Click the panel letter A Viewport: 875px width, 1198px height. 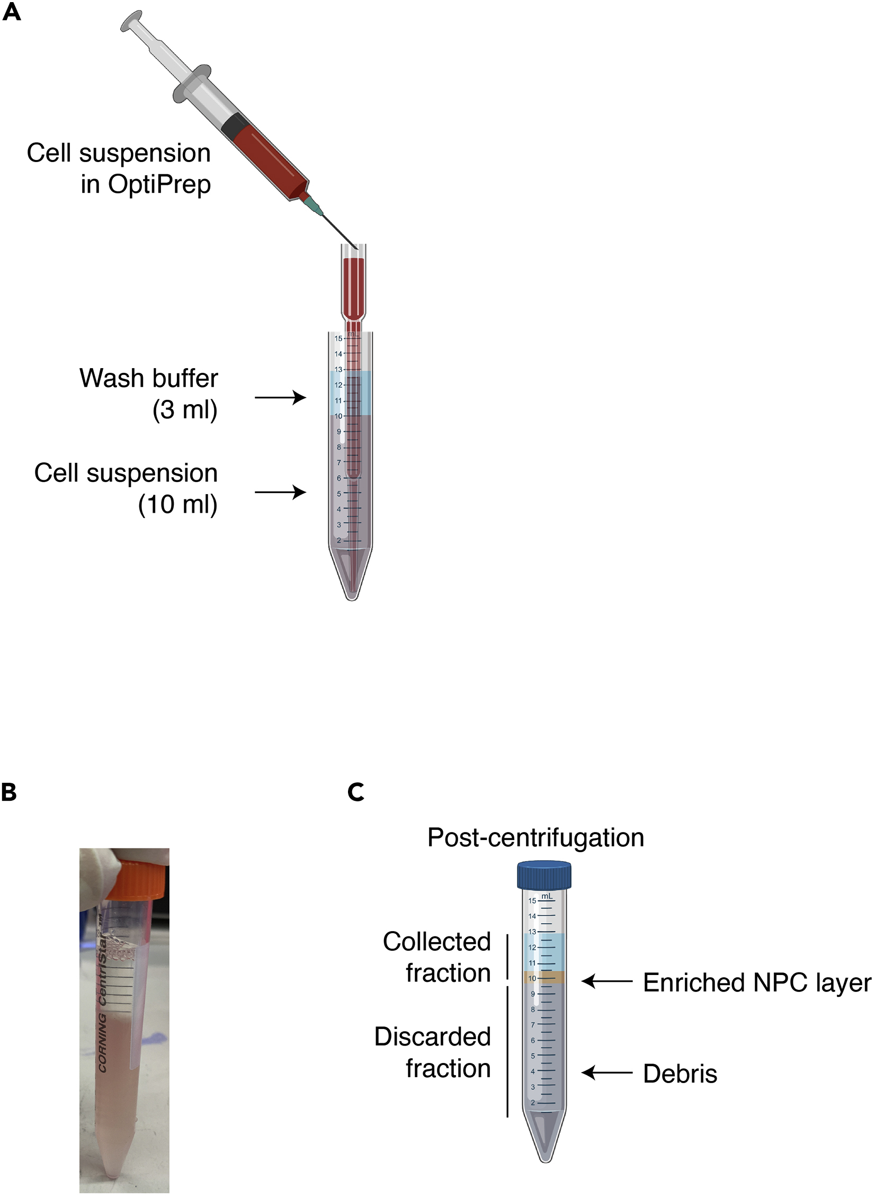(12, 11)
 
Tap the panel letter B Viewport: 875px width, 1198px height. (9, 792)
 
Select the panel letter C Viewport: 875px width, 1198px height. (356, 792)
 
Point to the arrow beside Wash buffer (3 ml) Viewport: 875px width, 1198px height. (280, 397)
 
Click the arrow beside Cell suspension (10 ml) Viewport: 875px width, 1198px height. (280, 493)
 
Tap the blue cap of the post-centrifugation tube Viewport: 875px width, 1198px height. (544, 875)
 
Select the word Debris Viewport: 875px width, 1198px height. (680, 1074)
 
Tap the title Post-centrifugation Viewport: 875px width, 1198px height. (535, 838)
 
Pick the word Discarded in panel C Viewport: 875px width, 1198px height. (433, 1037)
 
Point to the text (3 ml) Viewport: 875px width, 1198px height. (185, 410)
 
